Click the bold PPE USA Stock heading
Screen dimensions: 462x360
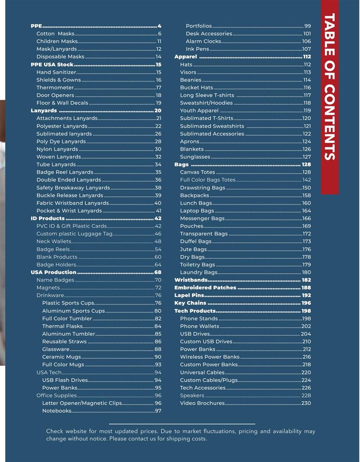point(52,65)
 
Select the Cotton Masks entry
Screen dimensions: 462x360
point(55,34)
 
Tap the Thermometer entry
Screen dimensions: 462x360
point(55,88)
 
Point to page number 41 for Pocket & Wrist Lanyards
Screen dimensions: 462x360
point(159,211)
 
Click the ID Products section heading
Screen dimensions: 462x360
point(47,219)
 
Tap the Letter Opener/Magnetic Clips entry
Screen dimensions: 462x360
point(82,403)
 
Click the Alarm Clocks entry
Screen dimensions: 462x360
point(203,41)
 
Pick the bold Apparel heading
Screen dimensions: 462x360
point(186,57)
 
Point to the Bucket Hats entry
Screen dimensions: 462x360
point(196,88)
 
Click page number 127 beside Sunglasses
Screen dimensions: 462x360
point(307,157)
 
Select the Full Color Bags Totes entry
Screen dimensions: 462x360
point(207,180)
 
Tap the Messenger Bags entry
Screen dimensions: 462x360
point(202,219)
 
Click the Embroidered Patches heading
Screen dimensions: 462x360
point(205,288)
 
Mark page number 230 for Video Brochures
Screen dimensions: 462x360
point(306,403)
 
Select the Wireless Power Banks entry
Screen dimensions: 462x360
point(210,357)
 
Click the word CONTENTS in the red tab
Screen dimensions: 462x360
point(329,121)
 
